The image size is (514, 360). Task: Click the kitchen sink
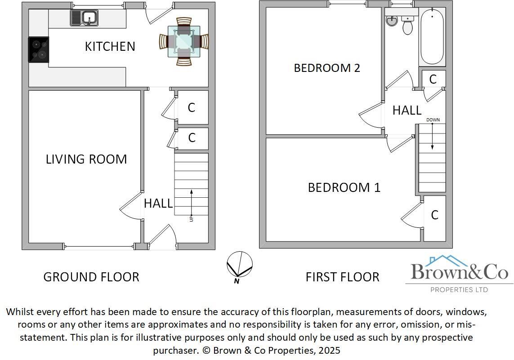84,18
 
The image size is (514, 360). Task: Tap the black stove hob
39,49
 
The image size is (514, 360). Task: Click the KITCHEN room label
110,46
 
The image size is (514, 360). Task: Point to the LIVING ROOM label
86,159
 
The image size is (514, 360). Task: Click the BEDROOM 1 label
344,187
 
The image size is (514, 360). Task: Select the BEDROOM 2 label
327,68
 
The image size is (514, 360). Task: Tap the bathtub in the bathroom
432,38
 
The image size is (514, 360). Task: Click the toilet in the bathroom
408,26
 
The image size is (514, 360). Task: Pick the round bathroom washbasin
392,21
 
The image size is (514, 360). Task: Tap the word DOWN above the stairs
433,120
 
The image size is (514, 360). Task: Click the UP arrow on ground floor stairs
192,204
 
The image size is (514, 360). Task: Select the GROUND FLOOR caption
91,277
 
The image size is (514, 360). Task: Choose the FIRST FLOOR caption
342,277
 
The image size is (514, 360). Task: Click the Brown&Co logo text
459,271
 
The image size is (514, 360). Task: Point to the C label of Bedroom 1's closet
434,215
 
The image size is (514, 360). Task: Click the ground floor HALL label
158,204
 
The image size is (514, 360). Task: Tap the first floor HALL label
407,111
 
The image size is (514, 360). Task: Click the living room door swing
131,206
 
